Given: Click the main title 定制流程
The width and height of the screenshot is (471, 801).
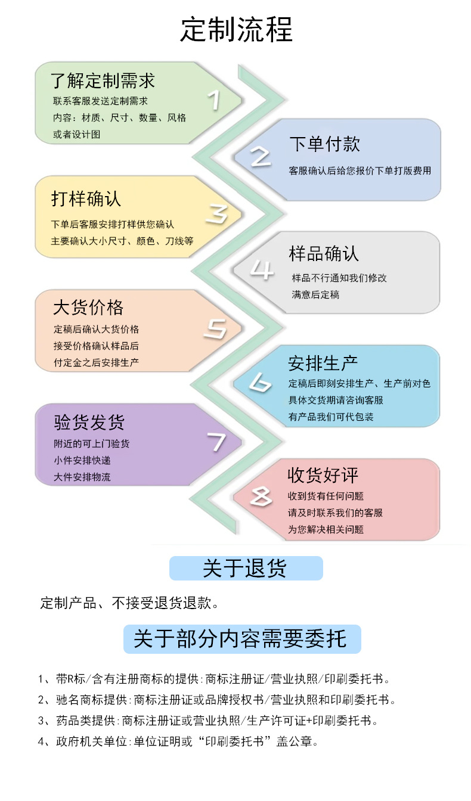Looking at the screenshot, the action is point(236,30).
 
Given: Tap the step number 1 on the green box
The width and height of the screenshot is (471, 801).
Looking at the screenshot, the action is point(214,100).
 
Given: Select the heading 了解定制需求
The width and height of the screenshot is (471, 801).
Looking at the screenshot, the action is point(103,81).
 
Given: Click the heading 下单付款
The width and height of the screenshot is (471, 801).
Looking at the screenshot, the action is point(324,144).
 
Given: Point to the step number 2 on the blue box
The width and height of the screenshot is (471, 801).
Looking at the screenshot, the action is point(261,157).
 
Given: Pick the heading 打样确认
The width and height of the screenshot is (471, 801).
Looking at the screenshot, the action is point(86,198).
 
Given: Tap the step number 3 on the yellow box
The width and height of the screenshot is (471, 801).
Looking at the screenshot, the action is point(216,215).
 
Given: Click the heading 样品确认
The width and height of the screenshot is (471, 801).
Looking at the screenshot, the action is point(324,253).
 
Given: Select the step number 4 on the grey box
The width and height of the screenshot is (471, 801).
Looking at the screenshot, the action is point(261,269).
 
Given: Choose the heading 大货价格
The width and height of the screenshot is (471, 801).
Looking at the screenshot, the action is point(88,308).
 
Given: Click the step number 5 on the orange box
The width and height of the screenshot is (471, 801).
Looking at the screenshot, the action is point(215,328).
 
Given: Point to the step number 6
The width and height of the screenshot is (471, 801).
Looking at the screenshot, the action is point(260,383).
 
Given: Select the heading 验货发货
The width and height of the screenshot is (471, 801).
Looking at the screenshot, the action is point(89,423).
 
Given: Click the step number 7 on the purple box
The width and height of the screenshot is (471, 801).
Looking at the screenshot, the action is point(216,442).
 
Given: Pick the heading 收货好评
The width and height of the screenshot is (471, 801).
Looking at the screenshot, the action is point(323,476).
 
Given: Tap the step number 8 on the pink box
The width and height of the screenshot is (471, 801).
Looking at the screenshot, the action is point(261,496).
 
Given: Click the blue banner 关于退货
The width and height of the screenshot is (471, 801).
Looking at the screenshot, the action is point(246,569).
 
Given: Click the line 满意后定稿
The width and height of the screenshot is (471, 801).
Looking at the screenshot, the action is point(315,294).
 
